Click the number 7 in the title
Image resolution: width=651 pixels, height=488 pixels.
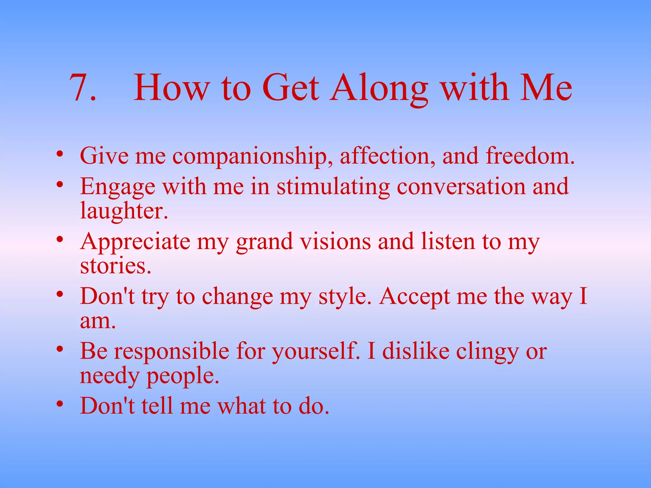click(x=79, y=87)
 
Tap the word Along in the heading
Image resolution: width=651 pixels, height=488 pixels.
click(x=378, y=88)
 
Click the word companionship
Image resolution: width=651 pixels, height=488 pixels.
click(x=250, y=156)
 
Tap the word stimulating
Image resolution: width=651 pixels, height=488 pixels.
click(x=333, y=187)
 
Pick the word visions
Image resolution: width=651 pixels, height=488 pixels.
click(x=335, y=241)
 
